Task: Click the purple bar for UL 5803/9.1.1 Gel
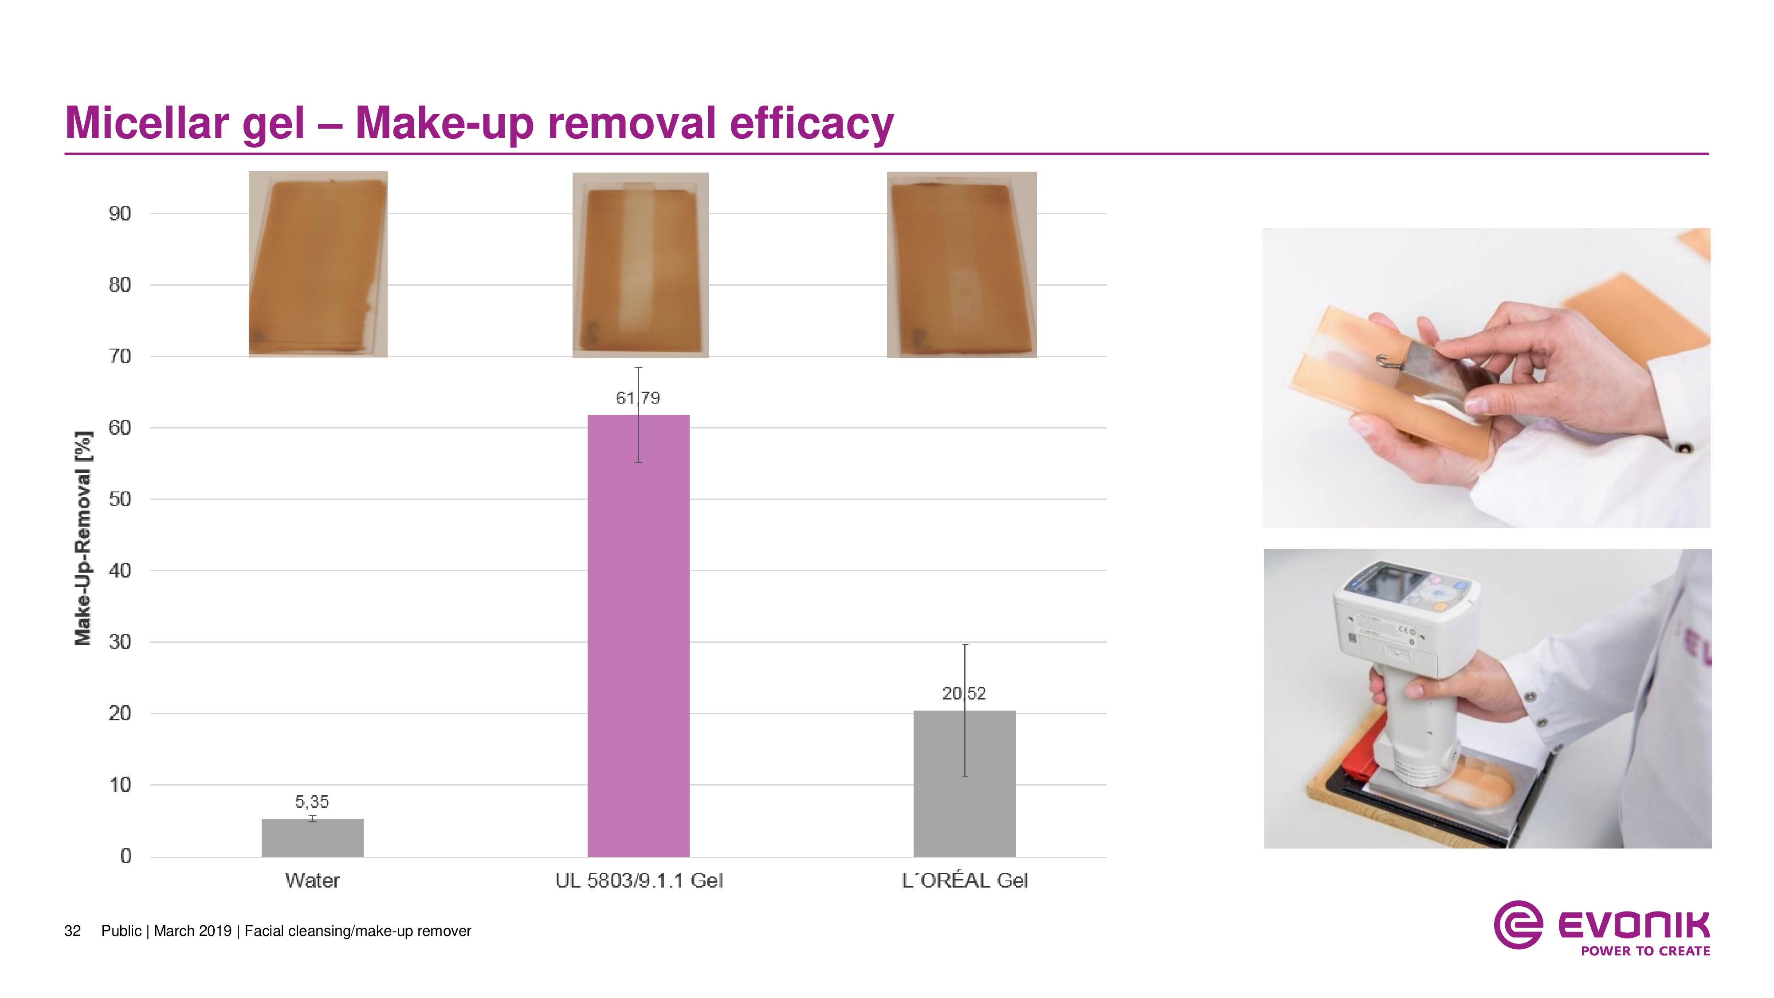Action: coord(638,635)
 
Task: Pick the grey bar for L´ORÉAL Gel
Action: coord(964,784)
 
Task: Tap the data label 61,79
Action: coord(638,398)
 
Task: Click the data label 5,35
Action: coord(312,802)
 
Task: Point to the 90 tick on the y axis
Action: coord(120,213)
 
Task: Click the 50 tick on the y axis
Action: coord(120,499)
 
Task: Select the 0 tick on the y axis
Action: coord(126,856)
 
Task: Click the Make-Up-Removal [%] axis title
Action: coord(83,538)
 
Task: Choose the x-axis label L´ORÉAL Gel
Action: coord(965,880)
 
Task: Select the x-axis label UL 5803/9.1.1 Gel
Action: coord(639,880)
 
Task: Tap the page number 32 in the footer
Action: coord(72,931)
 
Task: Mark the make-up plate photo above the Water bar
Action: coord(318,264)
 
